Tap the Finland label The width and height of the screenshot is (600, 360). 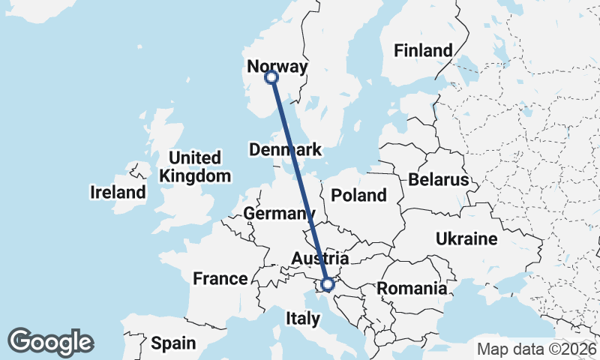(x=424, y=51)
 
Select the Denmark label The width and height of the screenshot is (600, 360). (x=285, y=149)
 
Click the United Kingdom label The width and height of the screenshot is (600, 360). (x=195, y=167)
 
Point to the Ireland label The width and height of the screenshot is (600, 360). (x=118, y=192)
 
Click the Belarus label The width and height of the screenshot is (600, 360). (x=439, y=180)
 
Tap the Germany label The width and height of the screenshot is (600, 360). (x=275, y=214)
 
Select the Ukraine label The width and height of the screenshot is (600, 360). (x=466, y=239)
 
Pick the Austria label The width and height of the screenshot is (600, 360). (x=320, y=258)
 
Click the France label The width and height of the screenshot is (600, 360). (x=220, y=279)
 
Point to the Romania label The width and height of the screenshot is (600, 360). (x=412, y=288)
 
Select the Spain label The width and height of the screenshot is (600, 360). (x=173, y=343)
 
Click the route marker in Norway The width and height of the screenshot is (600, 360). (x=271, y=77)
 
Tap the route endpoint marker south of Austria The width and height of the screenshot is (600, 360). (x=327, y=284)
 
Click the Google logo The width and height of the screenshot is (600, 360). (x=50, y=342)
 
